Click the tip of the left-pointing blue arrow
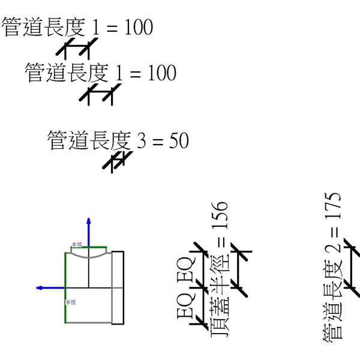pos(37,288)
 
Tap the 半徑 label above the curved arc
pos(77,245)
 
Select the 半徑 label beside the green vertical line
pos(71,302)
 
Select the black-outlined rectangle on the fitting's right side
pos(118,288)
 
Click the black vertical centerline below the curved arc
pos(89,274)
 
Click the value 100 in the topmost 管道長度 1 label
pos(139,28)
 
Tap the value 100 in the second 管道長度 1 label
pos(161,74)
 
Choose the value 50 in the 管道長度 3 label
pos(179,142)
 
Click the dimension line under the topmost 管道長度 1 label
pos(77,47)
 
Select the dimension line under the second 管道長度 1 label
pos(100,94)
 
